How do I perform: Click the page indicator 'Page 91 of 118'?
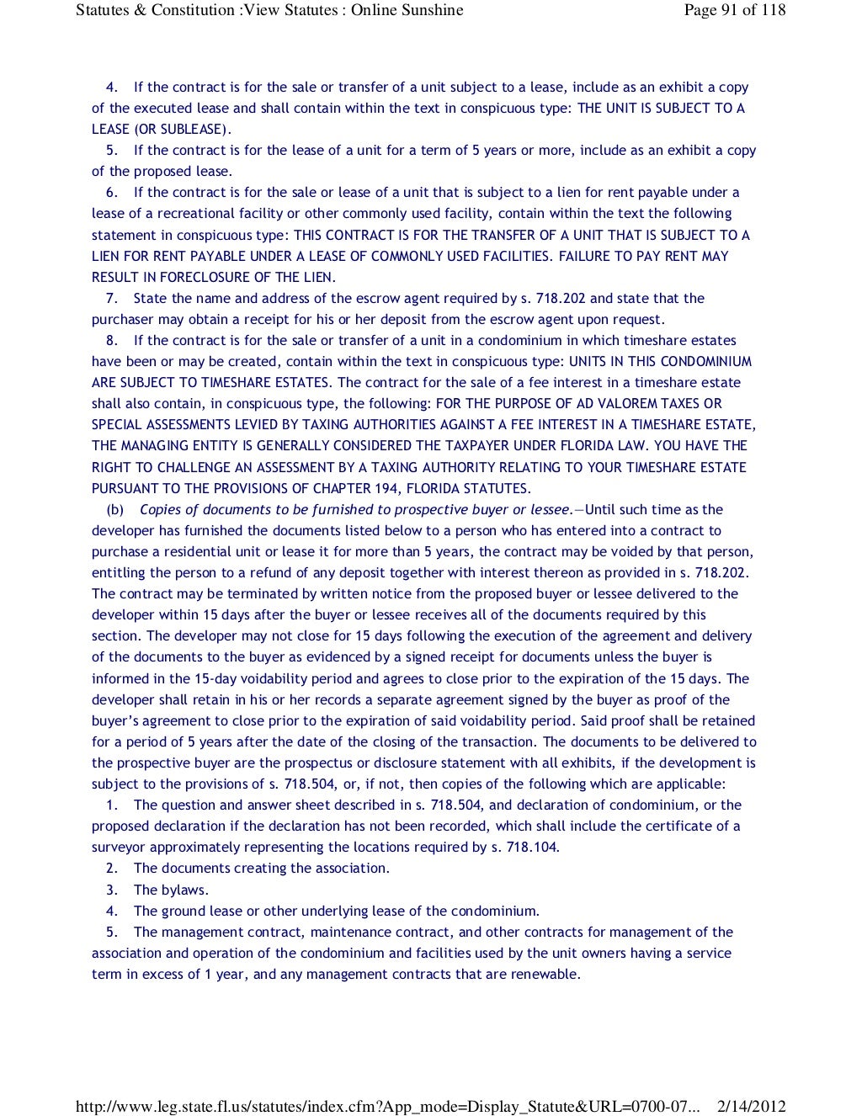[735, 10]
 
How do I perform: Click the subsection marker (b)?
[115, 509]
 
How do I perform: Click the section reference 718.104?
[533, 847]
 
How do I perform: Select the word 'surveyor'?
[119, 847]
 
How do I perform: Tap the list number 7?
[111, 298]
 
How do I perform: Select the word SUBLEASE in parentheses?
[193, 129]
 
